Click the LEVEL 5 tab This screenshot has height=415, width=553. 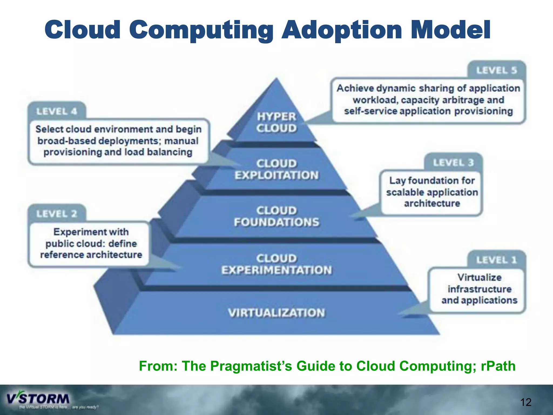click(x=496, y=71)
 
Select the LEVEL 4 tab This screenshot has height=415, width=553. click(x=57, y=111)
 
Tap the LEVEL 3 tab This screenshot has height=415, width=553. click(x=453, y=163)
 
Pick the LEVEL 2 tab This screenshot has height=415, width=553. click(x=57, y=214)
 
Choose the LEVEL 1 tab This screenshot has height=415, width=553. click(x=496, y=260)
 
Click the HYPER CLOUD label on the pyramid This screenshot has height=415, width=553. click(x=276, y=122)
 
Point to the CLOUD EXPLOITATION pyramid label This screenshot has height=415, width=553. click(x=276, y=169)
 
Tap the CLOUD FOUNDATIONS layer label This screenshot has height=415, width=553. click(x=276, y=216)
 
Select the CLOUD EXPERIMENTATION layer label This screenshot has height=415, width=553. click(x=276, y=264)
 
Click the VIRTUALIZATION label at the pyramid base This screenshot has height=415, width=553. click(x=276, y=313)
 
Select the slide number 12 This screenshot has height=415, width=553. click(x=525, y=402)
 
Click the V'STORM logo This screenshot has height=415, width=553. click(x=38, y=399)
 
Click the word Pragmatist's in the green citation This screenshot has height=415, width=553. click(x=251, y=366)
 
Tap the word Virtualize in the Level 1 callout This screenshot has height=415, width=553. click(x=479, y=277)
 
